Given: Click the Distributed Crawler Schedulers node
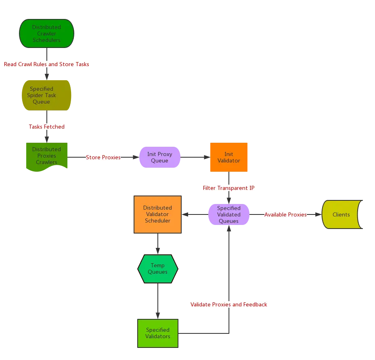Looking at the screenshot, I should click(x=46, y=34).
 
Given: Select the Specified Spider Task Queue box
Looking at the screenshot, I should click(x=46, y=96).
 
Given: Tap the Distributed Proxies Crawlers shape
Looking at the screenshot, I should click(x=46, y=156).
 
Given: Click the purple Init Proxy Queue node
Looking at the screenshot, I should click(x=159, y=157).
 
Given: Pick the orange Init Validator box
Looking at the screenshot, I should click(x=229, y=157).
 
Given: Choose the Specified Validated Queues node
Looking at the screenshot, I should click(x=229, y=214).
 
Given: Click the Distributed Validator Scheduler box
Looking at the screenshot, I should click(x=157, y=214).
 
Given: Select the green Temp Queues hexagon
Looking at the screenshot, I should click(x=157, y=268).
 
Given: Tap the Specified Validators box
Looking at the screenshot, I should click(x=158, y=333).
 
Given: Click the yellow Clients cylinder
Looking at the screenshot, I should click(x=341, y=214).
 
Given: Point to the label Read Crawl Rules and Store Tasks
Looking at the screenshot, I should click(x=46, y=64).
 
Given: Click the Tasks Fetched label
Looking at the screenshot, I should click(x=46, y=127).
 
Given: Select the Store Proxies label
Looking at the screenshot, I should click(x=103, y=157).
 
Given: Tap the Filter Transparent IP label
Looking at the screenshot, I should click(x=229, y=188).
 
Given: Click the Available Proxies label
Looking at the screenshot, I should click(x=285, y=214).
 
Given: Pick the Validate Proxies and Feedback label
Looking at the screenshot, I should click(x=229, y=304).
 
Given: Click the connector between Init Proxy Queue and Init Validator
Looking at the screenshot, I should click(x=195, y=157).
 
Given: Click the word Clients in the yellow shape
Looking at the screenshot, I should click(x=341, y=214).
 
